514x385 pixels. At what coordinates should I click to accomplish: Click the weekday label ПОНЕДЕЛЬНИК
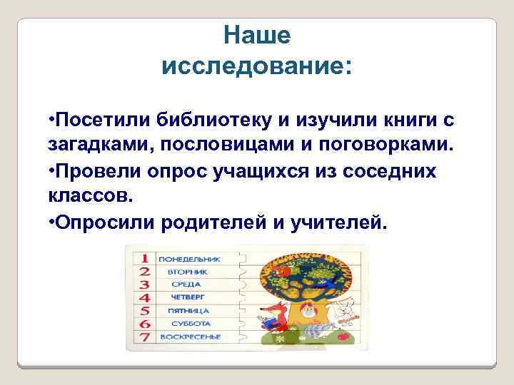tap(189, 258)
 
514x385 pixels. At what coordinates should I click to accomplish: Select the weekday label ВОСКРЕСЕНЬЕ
tap(189, 337)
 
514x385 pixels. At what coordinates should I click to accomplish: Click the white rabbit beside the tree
tap(346, 313)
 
